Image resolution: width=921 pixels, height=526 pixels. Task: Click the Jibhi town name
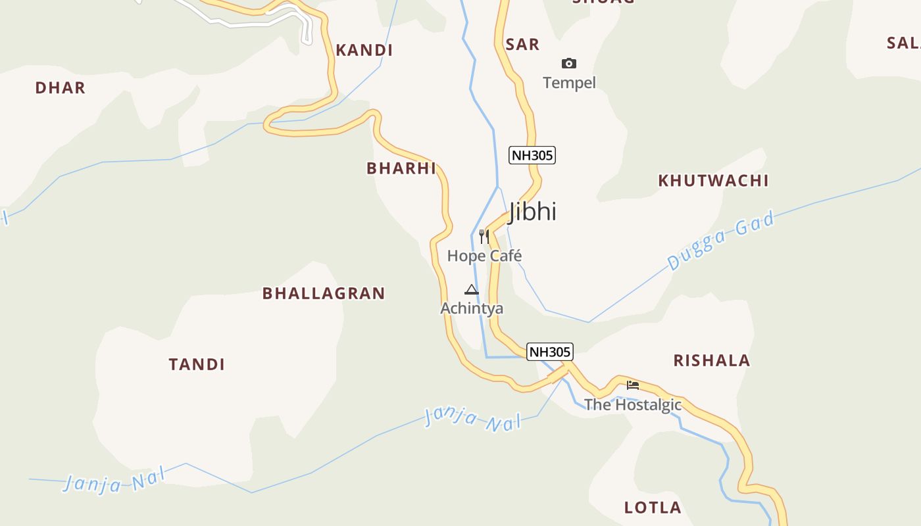pyautogui.click(x=533, y=211)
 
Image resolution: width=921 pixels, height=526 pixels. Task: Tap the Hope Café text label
pyautogui.click(x=484, y=256)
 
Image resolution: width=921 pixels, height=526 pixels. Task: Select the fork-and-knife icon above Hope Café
pyautogui.click(x=484, y=236)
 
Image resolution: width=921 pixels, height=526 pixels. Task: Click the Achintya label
pyautogui.click(x=472, y=308)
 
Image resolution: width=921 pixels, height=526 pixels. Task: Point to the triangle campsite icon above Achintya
pyautogui.click(x=471, y=289)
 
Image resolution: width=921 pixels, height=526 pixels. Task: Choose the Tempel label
pyautogui.click(x=569, y=83)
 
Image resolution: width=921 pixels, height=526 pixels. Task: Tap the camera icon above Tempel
pyautogui.click(x=569, y=63)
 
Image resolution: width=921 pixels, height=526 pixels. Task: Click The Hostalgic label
pyautogui.click(x=633, y=404)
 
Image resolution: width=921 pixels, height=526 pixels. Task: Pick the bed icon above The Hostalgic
pyautogui.click(x=633, y=385)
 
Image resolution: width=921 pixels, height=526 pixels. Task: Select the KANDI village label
pyautogui.click(x=364, y=51)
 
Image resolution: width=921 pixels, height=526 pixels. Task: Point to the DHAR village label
pyautogui.click(x=61, y=88)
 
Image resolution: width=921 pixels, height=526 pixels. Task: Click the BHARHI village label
pyautogui.click(x=401, y=168)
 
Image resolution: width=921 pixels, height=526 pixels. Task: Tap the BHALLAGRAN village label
pyautogui.click(x=324, y=293)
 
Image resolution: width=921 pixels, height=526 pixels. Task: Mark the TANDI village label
pyautogui.click(x=197, y=364)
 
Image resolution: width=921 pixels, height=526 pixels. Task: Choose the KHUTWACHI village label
pyautogui.click(x=713, y=181)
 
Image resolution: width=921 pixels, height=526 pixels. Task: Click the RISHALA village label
pyautogui.click(x=711, y=360)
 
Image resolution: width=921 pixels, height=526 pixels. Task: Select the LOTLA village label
pyautogui.click(x=653, y=508)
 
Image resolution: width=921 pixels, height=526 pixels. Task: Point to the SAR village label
pyautogui.click(x=522, y=45)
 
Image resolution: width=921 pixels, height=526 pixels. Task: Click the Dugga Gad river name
pyautogui.click(x=721, y=241)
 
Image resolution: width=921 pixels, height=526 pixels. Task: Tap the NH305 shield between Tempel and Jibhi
pyautogui.click(x=532, y=155)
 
